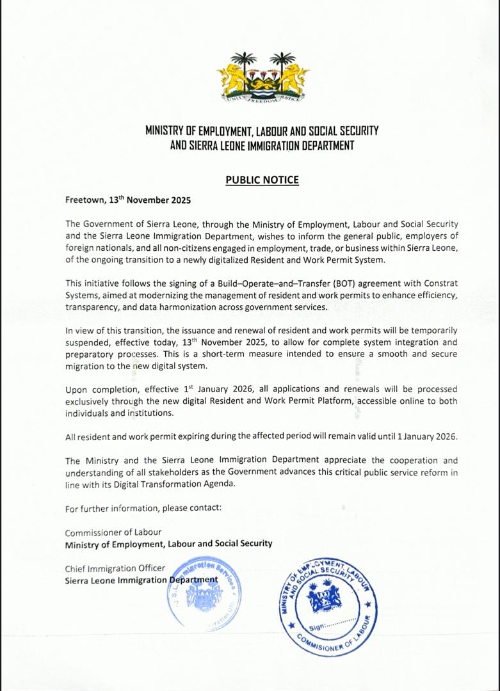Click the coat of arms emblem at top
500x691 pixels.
click(262, 77)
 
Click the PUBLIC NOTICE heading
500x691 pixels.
click(262, 180)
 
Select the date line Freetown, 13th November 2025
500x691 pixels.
click(128, 200)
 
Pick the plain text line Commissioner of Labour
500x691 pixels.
click(113, 532)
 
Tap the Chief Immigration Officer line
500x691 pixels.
click(115, 568)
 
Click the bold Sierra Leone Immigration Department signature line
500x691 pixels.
click(141, 580)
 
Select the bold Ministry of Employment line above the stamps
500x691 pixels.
click(168, 543)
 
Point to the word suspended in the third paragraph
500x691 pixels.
click(88, 342)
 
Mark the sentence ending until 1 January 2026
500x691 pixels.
click(261, 436)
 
